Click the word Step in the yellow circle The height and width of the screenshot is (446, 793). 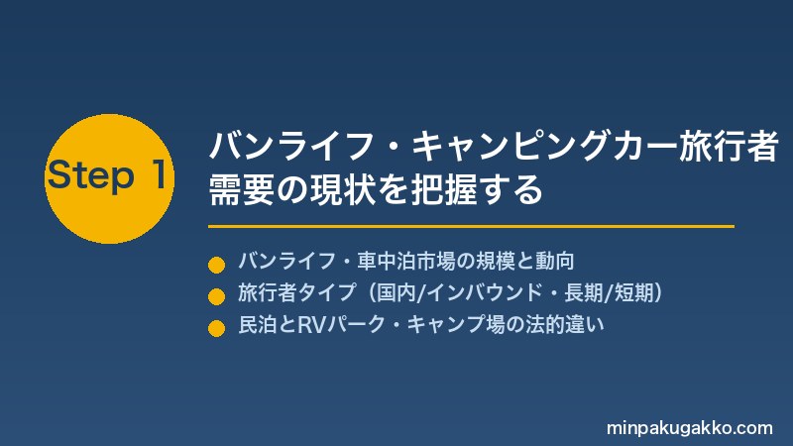click(91, 175)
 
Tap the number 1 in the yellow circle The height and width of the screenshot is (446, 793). click(159, 173)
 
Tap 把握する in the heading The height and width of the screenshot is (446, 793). click(477, 189)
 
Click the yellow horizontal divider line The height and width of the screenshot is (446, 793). click(471, 227)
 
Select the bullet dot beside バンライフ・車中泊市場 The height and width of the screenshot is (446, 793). click(216, 265)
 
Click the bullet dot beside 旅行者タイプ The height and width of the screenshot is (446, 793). click(216, 296)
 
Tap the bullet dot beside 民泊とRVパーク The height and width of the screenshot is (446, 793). click(216, 328)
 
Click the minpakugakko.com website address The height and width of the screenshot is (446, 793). click(690, 428)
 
